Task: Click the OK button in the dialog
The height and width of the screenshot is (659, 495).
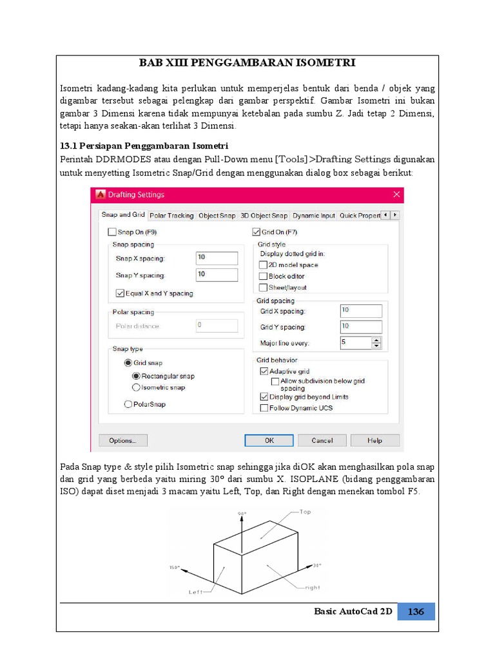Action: [x=269, y=441]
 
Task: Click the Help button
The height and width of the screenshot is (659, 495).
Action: [x=374, y=441]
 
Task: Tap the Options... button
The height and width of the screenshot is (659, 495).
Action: [x=122, y=441]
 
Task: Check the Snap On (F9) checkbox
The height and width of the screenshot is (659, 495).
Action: [x=112, y=232]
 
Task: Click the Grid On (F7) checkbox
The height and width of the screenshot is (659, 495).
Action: [x=255, y=232]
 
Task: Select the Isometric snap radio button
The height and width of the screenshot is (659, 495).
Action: [x=136, y=387]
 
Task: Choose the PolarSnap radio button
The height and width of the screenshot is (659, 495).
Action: [x=128, y=404]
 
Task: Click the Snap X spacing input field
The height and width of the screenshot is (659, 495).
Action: [x=217, y=258]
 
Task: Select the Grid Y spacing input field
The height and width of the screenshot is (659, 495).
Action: [x=361, y=327]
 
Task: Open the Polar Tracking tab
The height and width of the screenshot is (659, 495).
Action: [x=171, y=216]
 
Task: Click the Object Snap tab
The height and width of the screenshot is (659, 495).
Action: [x=217, y=216]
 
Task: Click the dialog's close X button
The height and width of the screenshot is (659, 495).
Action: [x=396, y=195]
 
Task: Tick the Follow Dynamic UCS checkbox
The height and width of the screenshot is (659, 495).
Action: [x=264, y=408]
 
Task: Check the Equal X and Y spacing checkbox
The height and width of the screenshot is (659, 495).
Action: [x=120, y=293]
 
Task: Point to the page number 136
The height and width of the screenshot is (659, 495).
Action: [x=416, y=611]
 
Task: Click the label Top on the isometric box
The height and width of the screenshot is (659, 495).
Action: [x=306, y=512]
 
